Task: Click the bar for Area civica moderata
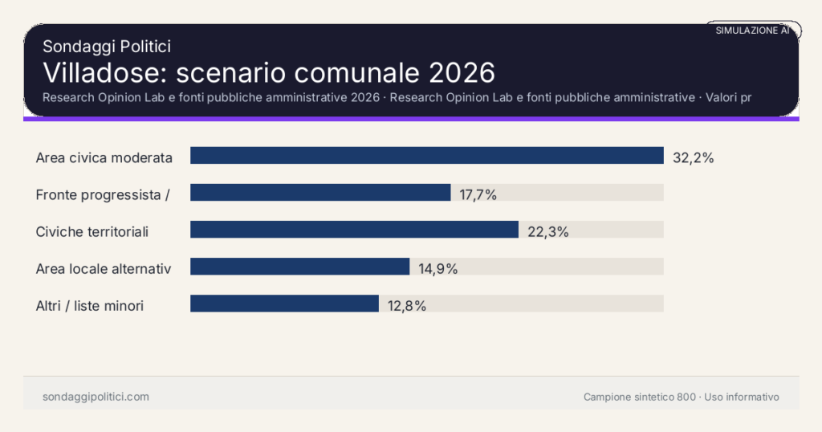click(426, 155)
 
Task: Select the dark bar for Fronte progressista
click(320, 193)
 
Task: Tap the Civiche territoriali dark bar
click(354, 230)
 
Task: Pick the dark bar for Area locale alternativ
click(299, 267)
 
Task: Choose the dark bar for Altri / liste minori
click(284, 304)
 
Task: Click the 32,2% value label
click(693, 158)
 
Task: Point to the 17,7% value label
click(478, 195)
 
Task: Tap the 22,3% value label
click(548, 232)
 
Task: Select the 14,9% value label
click(437, 269)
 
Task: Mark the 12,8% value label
click(406, 306)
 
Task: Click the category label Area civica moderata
click(104, 158)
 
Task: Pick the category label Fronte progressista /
click(103, 195)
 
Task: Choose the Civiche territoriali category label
click(92, 232)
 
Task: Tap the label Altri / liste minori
click(90, 306)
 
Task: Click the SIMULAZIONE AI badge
click(752, 31)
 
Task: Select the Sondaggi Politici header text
click(107, 47)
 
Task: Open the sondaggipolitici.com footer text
click(96, 397)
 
